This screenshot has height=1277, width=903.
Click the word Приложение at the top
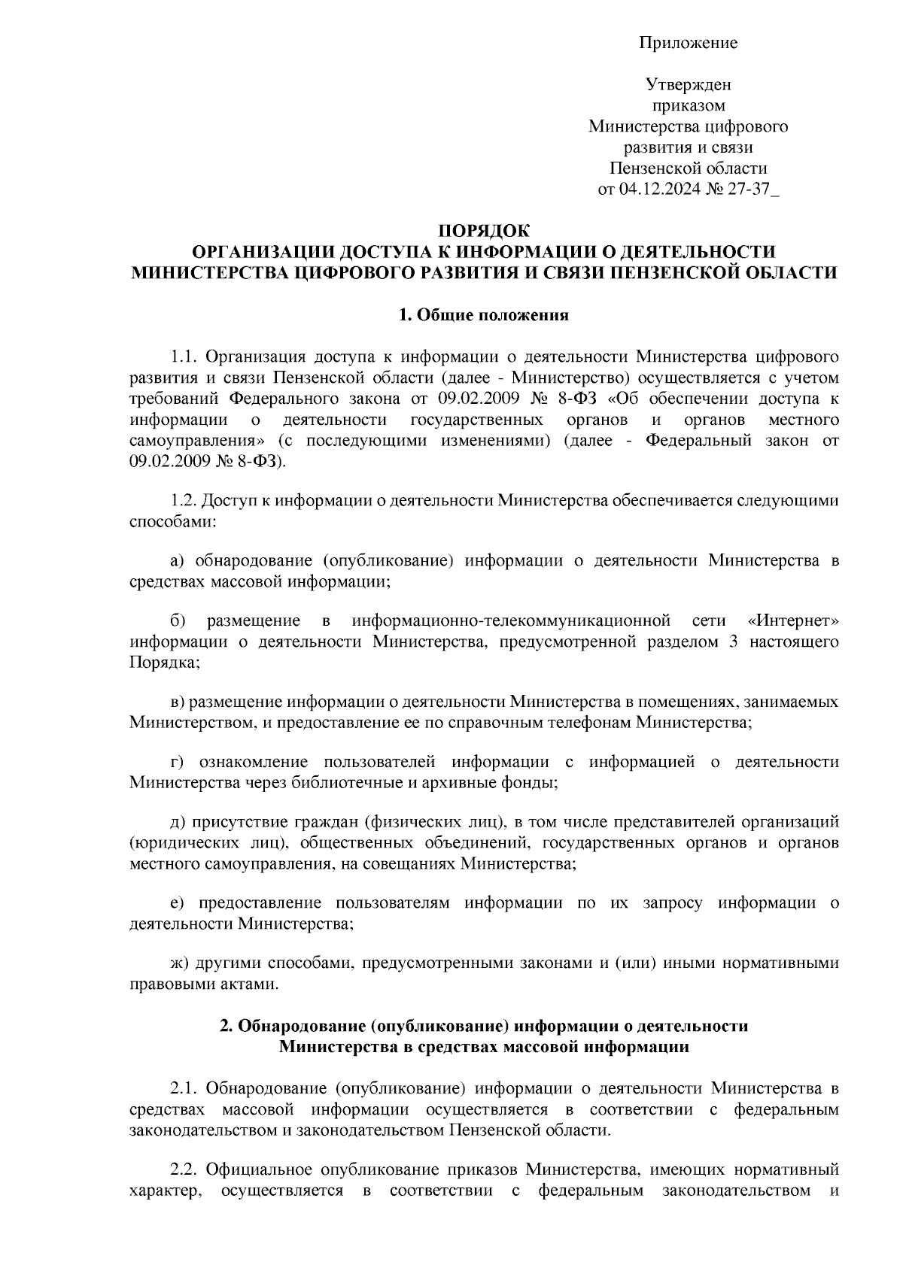pyautogui.click(x=688, y=43)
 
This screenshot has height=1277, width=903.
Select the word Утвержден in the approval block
pyautogui.click(x=688, y=86)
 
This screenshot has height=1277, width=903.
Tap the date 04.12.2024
pyautogui.click(x=661, y=189)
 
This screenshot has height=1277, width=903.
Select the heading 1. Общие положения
pyautogui.click(x=484, y=315)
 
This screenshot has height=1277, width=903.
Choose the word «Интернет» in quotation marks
pyautogui.click(x=794, y=620)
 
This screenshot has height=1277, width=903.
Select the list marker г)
pyautogui.click(x=178, y=763)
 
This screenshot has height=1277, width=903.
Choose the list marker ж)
pyautogui.click(x=179, y=963)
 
